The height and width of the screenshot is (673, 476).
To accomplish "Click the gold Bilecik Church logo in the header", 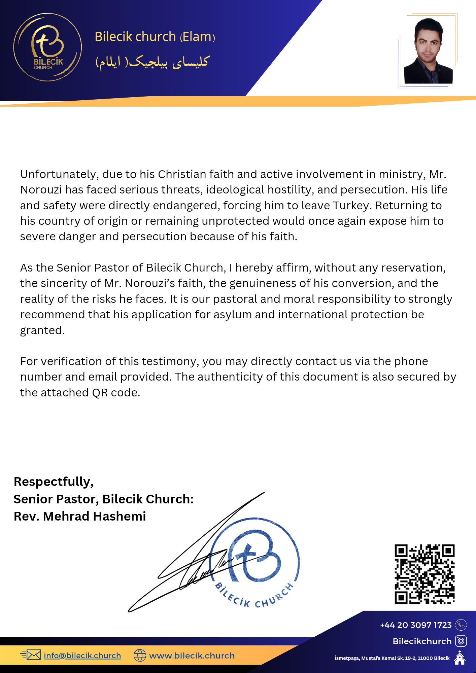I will tap(47, 47).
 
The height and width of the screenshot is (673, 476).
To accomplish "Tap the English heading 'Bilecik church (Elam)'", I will tap(155, 37).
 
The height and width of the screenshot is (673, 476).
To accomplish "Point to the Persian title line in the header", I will tap(152, 62).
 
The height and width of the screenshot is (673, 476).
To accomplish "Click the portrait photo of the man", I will tap(428, 51).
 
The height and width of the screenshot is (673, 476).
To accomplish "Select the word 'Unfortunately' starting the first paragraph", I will tap(59, 174).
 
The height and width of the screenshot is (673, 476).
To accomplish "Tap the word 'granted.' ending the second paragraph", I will tap(42, 330).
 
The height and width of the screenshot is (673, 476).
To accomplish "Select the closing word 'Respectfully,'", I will tap(54, 482).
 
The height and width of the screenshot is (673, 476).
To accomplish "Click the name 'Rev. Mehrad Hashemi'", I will tap(80, 516).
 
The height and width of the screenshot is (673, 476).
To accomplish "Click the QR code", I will tap(424, 574).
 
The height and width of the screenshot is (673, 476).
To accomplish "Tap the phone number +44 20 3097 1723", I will tap(416, 625).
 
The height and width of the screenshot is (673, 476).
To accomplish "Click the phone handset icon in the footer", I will tap(461, 625).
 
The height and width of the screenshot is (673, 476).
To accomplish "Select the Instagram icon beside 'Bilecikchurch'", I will tap(461, 641).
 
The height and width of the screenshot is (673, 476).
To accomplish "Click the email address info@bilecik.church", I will tap(82, 656).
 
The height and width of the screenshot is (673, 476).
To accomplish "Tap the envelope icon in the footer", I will tap(33, 655).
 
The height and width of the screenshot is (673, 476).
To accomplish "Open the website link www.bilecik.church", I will tap(192, 656).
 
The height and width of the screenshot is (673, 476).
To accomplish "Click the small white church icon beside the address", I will tap(460, 658).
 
